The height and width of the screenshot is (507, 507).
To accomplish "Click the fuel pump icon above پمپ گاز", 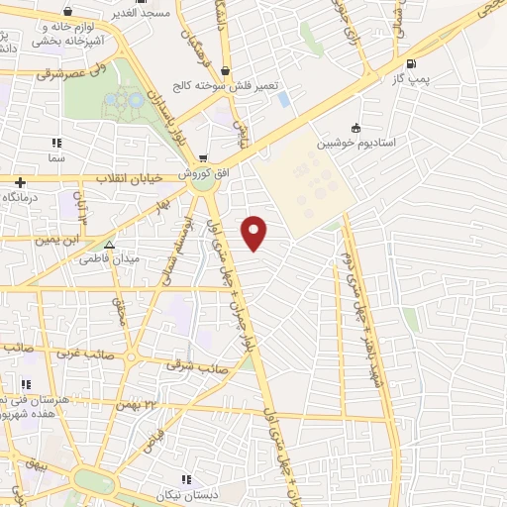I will click(x=399, y=61).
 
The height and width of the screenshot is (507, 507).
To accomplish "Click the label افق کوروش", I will click(x=204, y=172).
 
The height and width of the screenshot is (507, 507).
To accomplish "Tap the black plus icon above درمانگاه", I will click(x=21, y=182).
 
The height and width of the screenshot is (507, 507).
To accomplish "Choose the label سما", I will click(x=54, y=156).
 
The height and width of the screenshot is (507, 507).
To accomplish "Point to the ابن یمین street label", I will click(x=57, y=240).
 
